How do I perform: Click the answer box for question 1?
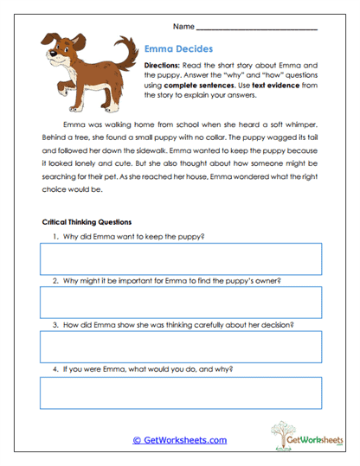180,258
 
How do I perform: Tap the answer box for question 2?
180,302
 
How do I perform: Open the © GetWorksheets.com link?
179,440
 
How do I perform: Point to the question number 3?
55,325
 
